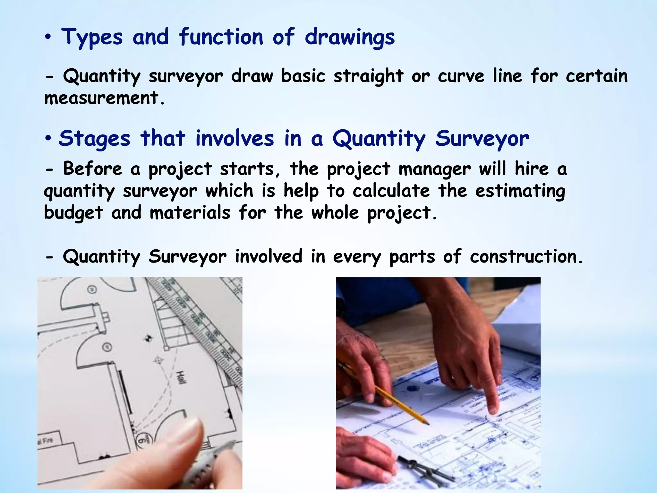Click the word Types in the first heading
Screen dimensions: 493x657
92,37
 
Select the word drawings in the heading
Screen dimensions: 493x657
350,37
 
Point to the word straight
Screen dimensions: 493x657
368,76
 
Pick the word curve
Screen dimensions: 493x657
461,76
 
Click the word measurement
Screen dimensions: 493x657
102,98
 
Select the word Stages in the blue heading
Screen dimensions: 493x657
95,139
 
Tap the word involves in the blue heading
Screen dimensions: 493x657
235,139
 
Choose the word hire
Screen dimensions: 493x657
532,169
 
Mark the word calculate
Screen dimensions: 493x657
391,191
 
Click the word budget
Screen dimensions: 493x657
73,213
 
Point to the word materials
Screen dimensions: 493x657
190,213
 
